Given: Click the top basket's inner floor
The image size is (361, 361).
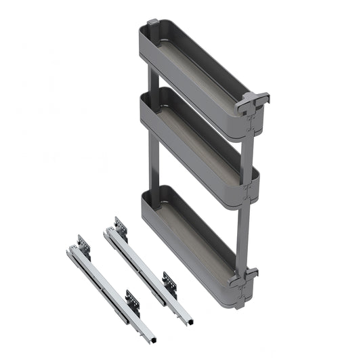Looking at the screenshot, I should tap(196, 75).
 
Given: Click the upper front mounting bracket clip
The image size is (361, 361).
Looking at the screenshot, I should tap(252, 102).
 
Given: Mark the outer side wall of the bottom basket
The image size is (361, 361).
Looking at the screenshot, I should tap(183, 251).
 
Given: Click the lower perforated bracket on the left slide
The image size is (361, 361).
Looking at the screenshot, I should tap(133, 298).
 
